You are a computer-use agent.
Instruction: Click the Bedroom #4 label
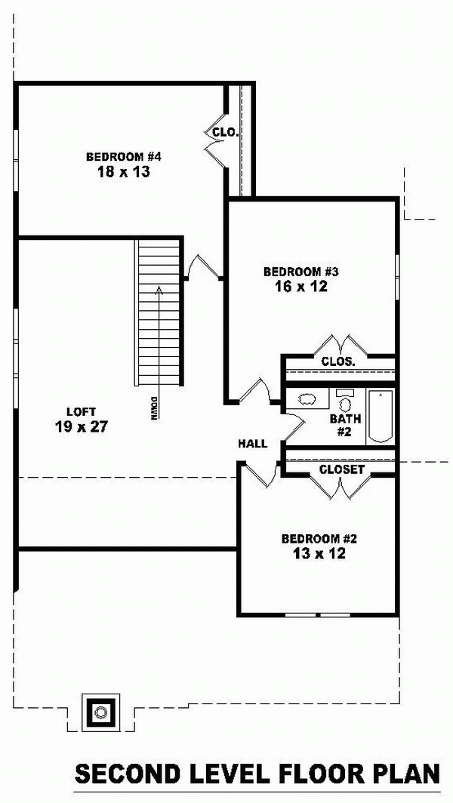[124, 156]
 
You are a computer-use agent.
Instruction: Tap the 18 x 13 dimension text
[124, 171]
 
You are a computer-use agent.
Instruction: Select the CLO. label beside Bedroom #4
[226, 133]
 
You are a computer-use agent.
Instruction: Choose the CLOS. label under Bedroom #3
[338, 362]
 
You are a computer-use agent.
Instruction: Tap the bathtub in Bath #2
[381, 417]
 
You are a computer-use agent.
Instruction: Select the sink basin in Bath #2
[307, 399]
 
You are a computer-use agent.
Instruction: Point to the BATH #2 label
[345, 425]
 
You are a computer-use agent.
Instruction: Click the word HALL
[253, 444]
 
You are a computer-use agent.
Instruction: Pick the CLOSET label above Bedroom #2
[341, 469]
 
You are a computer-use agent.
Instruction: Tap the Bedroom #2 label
[319, 539]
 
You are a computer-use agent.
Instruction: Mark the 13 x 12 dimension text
[319, 554]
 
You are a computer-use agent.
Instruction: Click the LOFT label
[81, 411]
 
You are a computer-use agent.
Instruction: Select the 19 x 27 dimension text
[81, 426]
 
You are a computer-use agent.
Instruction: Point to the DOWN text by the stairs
[153, 408]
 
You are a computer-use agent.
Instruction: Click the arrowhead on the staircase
[159, 290]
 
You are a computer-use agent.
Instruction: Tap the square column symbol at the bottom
[101, 712]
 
